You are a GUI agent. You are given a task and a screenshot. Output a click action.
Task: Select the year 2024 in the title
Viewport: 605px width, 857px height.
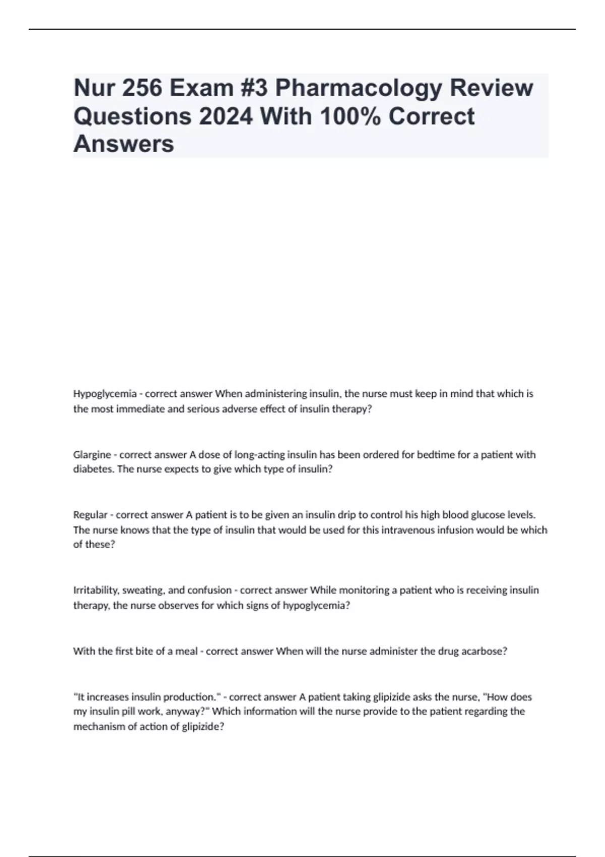point(225,116)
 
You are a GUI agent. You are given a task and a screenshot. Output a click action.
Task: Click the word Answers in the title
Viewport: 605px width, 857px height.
point(124,144)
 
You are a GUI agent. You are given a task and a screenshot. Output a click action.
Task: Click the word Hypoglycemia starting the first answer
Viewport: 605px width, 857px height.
point(105,394)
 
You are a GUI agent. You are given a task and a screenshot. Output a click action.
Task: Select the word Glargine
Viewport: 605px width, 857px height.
point(92,455)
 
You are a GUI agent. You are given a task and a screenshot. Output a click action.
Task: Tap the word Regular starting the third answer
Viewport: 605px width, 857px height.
point(90,515)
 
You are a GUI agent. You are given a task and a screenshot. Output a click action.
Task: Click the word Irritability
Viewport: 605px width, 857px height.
point(96,590)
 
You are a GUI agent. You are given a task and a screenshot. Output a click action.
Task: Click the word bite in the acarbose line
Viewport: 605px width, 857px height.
point(143,651)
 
